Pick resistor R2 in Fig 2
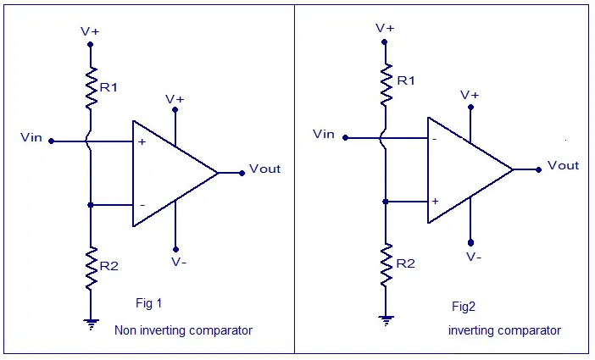click(385, 263)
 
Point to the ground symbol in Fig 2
click(386, 320)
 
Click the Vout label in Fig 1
click(264, 169)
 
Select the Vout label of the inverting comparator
click(563, 165)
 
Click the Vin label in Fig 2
click(324, 134)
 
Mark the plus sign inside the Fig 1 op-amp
click(142, 141)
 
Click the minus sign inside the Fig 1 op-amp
click(142, 205)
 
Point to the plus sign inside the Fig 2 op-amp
click(436, 202)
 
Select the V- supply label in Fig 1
click(179, 262)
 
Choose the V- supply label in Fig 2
click(474, 256)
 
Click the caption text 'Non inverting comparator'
click(183, 330)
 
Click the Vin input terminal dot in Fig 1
click(52, 141)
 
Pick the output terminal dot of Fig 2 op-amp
click(538, 169)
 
